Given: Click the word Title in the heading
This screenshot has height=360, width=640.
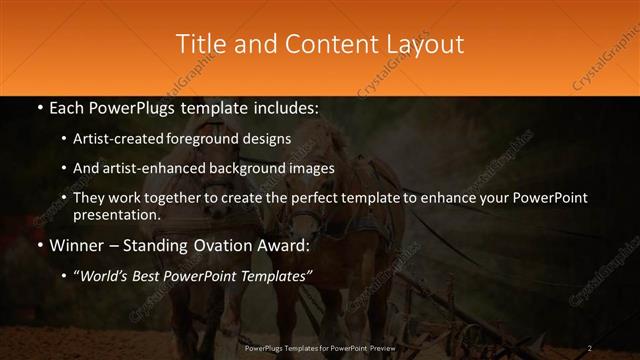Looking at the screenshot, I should (x=199, y=44).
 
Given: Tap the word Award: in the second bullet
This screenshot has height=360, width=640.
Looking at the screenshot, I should (x=284, y=245).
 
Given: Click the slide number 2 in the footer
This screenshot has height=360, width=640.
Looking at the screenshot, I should (x=590, y=348).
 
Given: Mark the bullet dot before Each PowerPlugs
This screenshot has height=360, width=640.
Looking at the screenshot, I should (x=39, y=107).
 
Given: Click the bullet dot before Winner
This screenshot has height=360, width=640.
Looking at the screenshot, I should (x=39, y=245).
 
